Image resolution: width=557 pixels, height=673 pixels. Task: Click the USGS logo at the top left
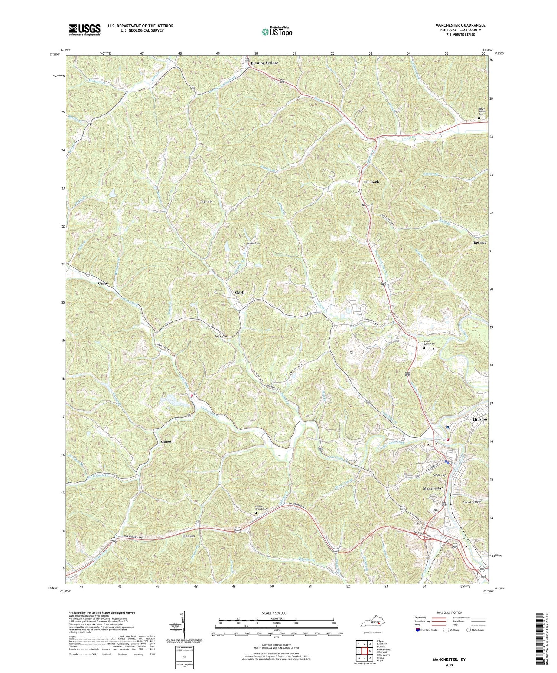pos(85,30)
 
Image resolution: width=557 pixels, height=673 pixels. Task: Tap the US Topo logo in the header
pos(277,32)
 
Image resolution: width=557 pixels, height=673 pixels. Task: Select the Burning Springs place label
pos(264,63)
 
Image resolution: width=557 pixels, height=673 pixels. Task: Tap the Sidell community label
pos(240,293)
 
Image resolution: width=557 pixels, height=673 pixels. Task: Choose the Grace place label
pos(103,283)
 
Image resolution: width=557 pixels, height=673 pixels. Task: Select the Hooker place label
pos(189,536)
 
